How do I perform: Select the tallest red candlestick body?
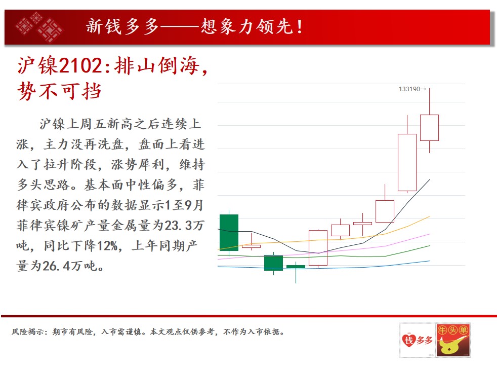(407, 163)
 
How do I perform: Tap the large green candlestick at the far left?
(229, 233)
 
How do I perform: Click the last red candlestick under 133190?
(430, 128)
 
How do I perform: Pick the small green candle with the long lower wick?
(296, 267)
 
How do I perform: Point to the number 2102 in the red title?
(80, 66)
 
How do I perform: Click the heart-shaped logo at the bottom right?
(408, 340)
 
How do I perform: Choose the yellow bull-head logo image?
(453, 340)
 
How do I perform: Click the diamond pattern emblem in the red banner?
(39, 27)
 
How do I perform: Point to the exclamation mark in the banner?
(300, 27)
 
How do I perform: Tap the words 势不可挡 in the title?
(60, 91)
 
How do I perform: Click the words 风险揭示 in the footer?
(28, 332)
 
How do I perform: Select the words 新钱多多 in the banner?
(122, 26)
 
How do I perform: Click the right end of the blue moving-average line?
(430, 261)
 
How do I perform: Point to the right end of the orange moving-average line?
(430, 216)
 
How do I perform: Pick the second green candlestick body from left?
(273, 263)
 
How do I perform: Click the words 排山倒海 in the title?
(157, 66)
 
